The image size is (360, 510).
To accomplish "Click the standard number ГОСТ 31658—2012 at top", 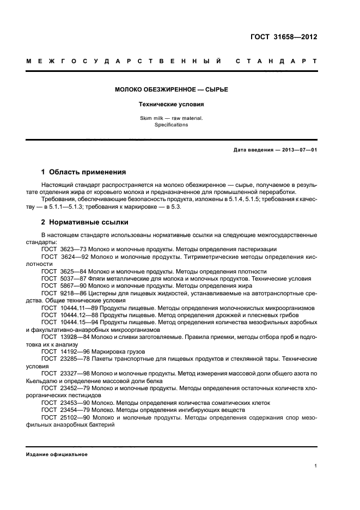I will pos(284,38).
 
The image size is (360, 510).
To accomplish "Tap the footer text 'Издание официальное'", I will pos(57,454).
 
